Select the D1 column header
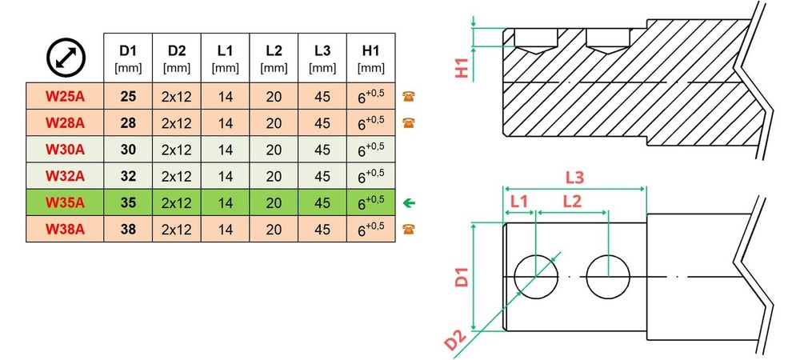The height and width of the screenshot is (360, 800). click(128, 58)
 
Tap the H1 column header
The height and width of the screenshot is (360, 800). click(371, 58)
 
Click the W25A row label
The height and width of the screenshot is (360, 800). click(65, 96)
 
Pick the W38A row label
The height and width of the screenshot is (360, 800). click(65, 229)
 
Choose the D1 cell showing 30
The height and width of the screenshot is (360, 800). click(128, 150)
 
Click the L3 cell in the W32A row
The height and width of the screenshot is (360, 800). click(322, 176)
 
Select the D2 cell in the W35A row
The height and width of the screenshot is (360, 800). click(177, 203)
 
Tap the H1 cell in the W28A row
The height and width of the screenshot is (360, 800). click(371, 122)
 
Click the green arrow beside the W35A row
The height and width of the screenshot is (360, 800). click(409, 203)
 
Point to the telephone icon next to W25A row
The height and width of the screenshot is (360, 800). click(408, 96)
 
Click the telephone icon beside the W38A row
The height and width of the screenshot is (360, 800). click(408, 229)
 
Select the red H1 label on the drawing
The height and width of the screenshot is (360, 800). click(462, 67)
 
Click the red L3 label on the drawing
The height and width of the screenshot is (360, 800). click(574, 178)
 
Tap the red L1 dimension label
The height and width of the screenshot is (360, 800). click(519, 202)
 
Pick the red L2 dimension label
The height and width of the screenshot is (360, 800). click(572, 202)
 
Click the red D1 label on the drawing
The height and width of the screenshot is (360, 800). click(462, 275)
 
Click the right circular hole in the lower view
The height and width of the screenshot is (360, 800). click(608, 277)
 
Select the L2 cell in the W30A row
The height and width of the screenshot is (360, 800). click(274, 150)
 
